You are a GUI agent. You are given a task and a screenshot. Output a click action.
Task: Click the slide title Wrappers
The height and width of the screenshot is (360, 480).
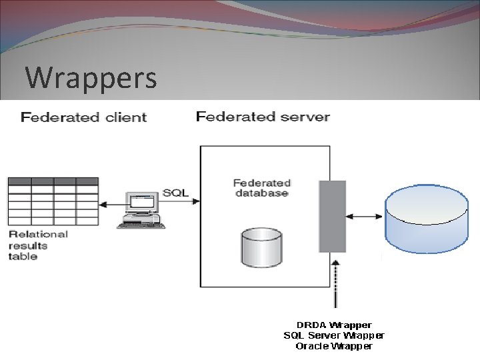point(91,77)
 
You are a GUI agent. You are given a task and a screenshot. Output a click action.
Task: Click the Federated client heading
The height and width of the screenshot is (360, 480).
point(84,117)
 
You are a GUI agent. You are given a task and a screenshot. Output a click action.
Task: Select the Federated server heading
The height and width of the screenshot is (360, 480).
point(263,117)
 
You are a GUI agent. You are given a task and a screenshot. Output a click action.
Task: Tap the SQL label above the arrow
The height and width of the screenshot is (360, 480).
point(176,193)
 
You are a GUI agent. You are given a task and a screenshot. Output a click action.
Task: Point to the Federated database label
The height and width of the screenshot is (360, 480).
point(262,187)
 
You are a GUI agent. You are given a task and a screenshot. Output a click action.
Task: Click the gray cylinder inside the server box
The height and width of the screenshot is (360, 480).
point(261,247)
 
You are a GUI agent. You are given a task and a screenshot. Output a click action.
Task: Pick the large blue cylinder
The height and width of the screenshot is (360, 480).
point(427,220)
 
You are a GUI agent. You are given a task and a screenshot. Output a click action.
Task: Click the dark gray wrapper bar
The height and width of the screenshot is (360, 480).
point(332,216)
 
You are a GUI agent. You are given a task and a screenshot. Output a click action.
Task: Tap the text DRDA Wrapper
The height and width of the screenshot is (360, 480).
point(334,325)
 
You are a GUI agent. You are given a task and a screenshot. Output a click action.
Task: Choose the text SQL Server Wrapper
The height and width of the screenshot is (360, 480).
point(334,335)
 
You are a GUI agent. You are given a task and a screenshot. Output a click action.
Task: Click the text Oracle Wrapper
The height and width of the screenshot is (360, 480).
point(334,346)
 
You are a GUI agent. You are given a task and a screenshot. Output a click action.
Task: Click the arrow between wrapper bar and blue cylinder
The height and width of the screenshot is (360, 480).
point(365,216)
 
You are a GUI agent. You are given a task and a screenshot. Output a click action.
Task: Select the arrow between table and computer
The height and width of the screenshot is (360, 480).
point(111,203)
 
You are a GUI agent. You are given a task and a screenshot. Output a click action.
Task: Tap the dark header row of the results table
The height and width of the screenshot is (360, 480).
point(53,181)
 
